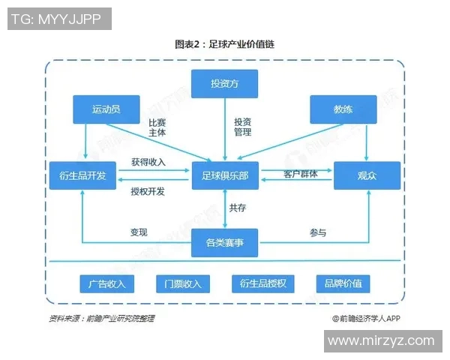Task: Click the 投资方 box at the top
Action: [224, 82]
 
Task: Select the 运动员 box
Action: [106, 109]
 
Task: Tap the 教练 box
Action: [343, 109]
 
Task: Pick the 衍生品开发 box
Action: [82, 175]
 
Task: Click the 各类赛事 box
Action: [224, 242]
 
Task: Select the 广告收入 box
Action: [106, 283]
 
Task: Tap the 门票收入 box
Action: [179, 283]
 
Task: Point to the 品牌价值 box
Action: [343, 283]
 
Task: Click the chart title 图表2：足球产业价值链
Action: [224, 44]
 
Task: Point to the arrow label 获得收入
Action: [148, 161]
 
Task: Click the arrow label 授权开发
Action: [148, 191]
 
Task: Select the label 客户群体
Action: [300, 174]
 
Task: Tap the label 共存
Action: [238, 208]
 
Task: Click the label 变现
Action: [139, 232]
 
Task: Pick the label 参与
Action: [318, 232]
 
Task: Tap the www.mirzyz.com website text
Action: [381, 340]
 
